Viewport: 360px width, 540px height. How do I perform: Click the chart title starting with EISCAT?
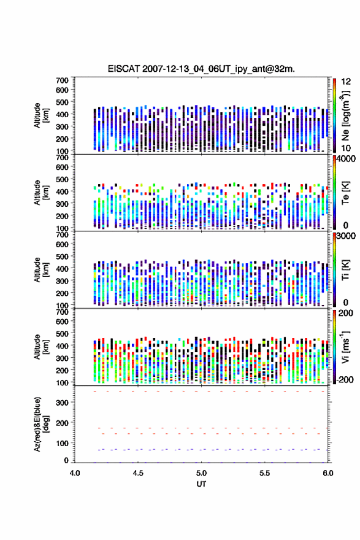201,69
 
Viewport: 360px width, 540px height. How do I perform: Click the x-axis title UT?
201,484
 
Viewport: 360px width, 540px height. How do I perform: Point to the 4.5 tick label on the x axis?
138,473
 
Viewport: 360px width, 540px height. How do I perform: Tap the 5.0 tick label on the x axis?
201,473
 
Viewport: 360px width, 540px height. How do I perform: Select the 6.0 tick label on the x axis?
328,473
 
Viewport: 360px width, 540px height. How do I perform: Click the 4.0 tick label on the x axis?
75,473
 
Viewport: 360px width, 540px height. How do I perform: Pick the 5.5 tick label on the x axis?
265,473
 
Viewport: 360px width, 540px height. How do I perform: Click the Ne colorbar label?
345,116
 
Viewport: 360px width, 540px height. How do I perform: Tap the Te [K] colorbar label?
345,193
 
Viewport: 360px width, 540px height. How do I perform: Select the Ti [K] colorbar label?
345,270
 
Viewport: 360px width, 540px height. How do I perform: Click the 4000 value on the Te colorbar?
346,159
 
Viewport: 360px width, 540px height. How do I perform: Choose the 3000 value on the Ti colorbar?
346,236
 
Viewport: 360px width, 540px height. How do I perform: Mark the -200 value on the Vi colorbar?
345,379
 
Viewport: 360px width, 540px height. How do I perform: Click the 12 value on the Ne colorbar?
346,82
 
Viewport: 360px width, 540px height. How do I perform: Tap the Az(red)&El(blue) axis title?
41,424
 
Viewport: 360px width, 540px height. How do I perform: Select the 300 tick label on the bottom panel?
63,403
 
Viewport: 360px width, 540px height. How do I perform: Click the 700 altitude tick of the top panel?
63,80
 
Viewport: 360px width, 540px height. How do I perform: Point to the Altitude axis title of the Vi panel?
41,347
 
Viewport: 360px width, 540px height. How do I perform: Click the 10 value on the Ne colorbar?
346,148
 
